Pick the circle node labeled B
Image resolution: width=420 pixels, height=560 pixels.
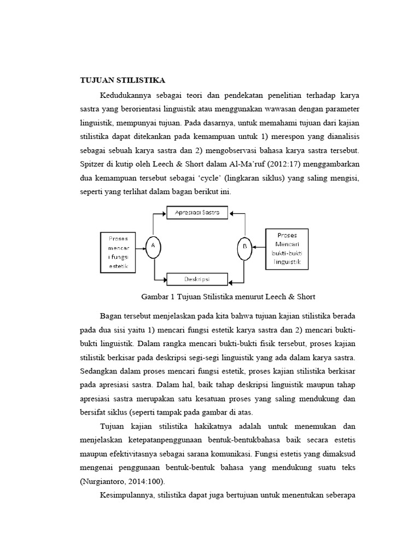[244, 247]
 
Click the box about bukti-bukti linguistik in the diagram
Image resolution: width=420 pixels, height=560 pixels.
[287, 249]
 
